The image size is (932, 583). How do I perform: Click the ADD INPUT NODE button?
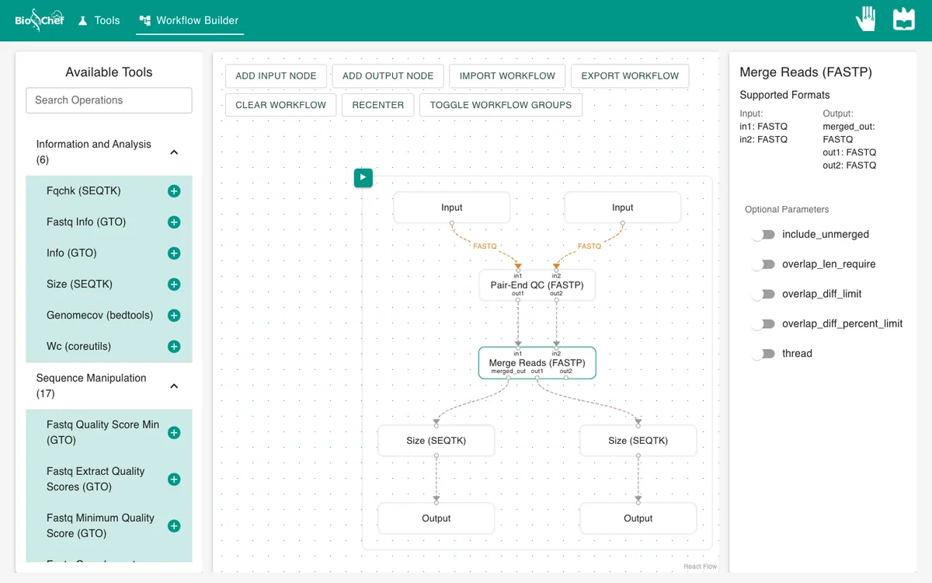[x=276, y=76]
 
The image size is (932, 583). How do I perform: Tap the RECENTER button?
[x=377, y=105]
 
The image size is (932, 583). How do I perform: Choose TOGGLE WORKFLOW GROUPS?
[x=500, y=105]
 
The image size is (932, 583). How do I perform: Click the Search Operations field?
[x=109, y=100]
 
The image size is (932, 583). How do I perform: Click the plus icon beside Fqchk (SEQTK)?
[x=174, y=191]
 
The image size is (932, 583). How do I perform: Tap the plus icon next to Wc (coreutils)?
[x=174, y=347]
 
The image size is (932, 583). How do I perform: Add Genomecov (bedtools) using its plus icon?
[x=174, y=316]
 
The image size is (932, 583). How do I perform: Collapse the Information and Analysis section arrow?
[x=174, y=152]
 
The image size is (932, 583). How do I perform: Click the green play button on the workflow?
[x=363, y=178]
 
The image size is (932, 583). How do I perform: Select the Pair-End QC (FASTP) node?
[x=537, y=285]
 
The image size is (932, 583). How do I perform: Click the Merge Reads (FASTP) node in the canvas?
[x=537, y=363]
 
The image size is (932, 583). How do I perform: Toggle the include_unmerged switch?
[x=763, y=235]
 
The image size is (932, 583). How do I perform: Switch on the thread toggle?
[x=763, y=354]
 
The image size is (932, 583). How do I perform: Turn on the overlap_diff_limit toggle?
[x=763, y=294]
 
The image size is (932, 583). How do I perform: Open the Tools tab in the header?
[x=99, y=20]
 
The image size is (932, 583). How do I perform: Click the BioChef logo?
[x=40, y=20]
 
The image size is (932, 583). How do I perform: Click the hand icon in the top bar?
[x=866, y=19]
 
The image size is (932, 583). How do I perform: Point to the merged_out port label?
[x=508, y=371]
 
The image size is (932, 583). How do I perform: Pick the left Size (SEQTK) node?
[x=436, y=441]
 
